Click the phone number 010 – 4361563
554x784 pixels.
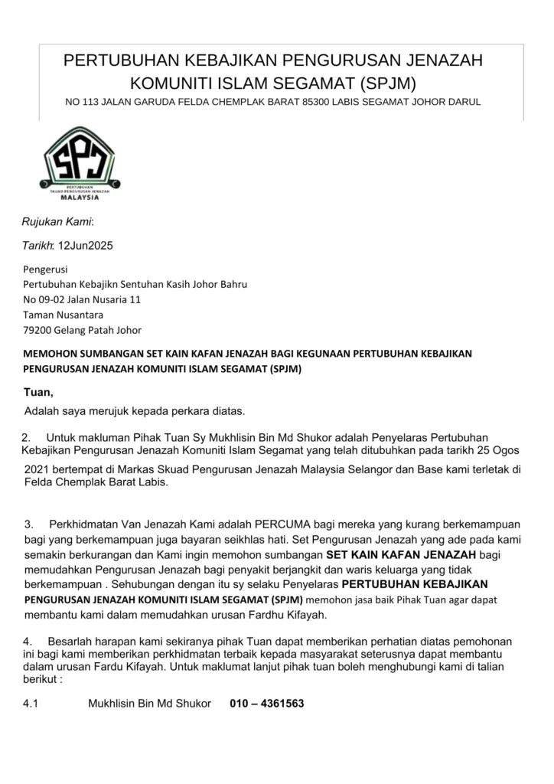tap(267, 703)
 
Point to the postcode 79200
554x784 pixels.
tap(36, 330)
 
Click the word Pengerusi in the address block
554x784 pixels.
tap(45, 269)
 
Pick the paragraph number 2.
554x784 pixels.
tap(27, 437)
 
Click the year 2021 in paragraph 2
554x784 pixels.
tap(36, 469)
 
